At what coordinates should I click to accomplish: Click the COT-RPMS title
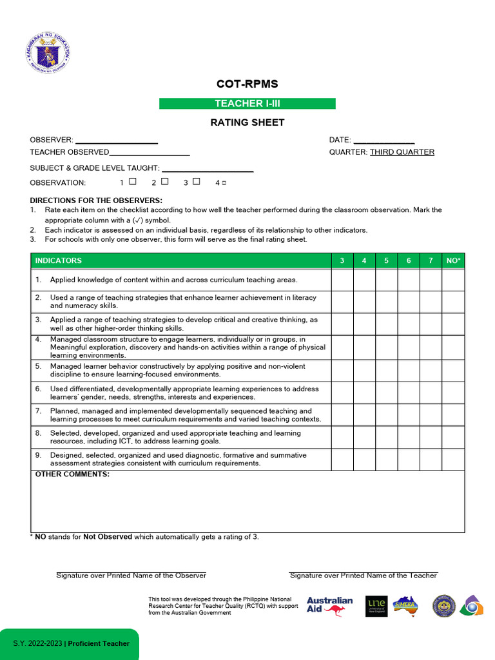pos(247,84)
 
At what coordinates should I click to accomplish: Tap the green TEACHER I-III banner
pos(247,104)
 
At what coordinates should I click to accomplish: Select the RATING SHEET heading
pos(247,122)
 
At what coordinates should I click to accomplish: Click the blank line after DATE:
pos(384,141)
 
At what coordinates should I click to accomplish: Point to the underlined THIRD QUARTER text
pos(402,152)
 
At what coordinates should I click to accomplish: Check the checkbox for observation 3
pos(196,182)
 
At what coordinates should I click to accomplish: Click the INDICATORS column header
pos(59,260)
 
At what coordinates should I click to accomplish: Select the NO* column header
pos(453,260)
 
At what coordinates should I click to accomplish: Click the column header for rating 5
pos(387,260)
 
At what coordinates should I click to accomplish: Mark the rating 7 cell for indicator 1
pos(431,280)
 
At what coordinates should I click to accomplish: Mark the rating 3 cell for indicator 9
pos(342,460)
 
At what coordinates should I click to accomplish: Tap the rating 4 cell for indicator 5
pos(364,371)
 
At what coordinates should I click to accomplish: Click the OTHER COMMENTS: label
pos(72,474)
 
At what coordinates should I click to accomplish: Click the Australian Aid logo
pos(329,606)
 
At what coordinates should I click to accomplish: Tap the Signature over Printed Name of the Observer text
pos(131,575)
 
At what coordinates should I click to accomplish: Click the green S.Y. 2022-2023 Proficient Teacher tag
pos(70,643)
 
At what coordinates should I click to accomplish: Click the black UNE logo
pos(376,606)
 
